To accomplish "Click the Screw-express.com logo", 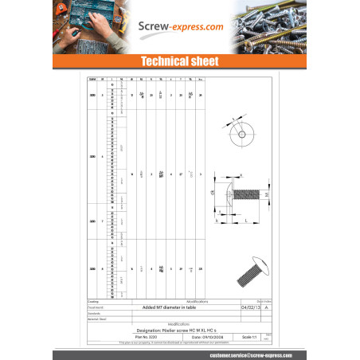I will [180, 26].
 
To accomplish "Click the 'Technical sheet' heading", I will [179, 61].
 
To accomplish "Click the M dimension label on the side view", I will [267, 193].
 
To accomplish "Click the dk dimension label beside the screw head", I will [213, 192].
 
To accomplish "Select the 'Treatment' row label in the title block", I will [97, 307].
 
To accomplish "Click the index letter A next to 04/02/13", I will [267, 307].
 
